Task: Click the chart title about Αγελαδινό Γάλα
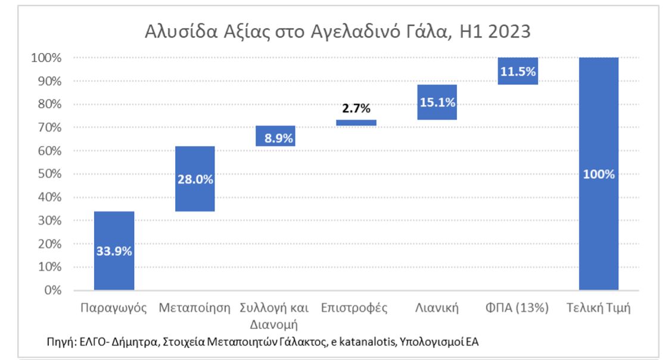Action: (x=338, y=31)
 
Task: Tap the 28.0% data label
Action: (x=195, y=179)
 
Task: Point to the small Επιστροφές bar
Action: (x=356, y=123)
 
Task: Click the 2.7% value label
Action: (x=356, y=108)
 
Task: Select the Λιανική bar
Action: (x=437, y=102)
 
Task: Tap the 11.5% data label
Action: (x=518, y=72)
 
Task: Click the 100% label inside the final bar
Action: (x=599, y=175)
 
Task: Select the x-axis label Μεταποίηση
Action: (x=195, y=308)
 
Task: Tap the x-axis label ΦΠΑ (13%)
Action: (x=518, y=308)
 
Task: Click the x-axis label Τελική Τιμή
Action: (x=599, y=308)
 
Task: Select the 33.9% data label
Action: (x=114, y=251)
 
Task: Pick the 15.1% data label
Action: (x=437, y=103)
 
